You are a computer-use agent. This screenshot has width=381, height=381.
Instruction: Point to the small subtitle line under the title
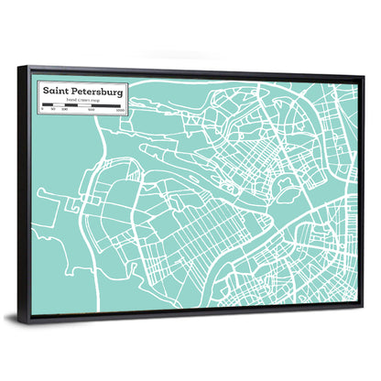[81, 101]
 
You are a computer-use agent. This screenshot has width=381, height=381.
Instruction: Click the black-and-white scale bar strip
[81, 107]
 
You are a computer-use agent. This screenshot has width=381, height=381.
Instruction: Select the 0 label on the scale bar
[41, 111]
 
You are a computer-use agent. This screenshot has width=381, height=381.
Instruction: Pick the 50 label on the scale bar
[53, 111]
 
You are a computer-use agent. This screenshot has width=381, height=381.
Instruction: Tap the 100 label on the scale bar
[64, 111]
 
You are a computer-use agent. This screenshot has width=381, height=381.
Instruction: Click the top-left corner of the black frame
[28, 67]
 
